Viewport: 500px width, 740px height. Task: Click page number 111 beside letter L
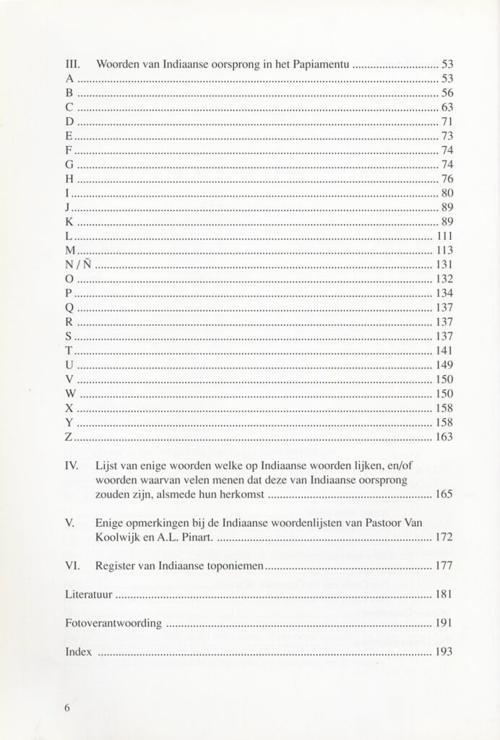(x=443, y=236)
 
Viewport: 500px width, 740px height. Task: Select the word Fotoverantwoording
(x=112, y=623)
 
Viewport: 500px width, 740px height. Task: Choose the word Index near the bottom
(x=78, y=651)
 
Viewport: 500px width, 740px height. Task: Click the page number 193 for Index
(x=443, y=651)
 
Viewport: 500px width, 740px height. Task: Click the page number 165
(x=443, y=495)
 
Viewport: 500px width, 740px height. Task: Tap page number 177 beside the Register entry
(x=443, y=567)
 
